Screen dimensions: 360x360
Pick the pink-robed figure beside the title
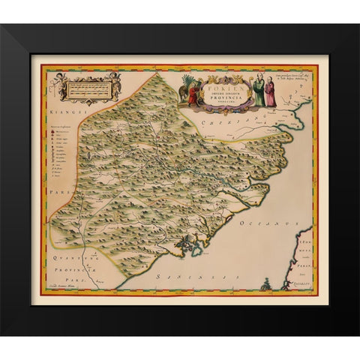tap(272, 93)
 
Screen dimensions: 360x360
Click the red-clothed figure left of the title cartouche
tap(192, 91)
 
